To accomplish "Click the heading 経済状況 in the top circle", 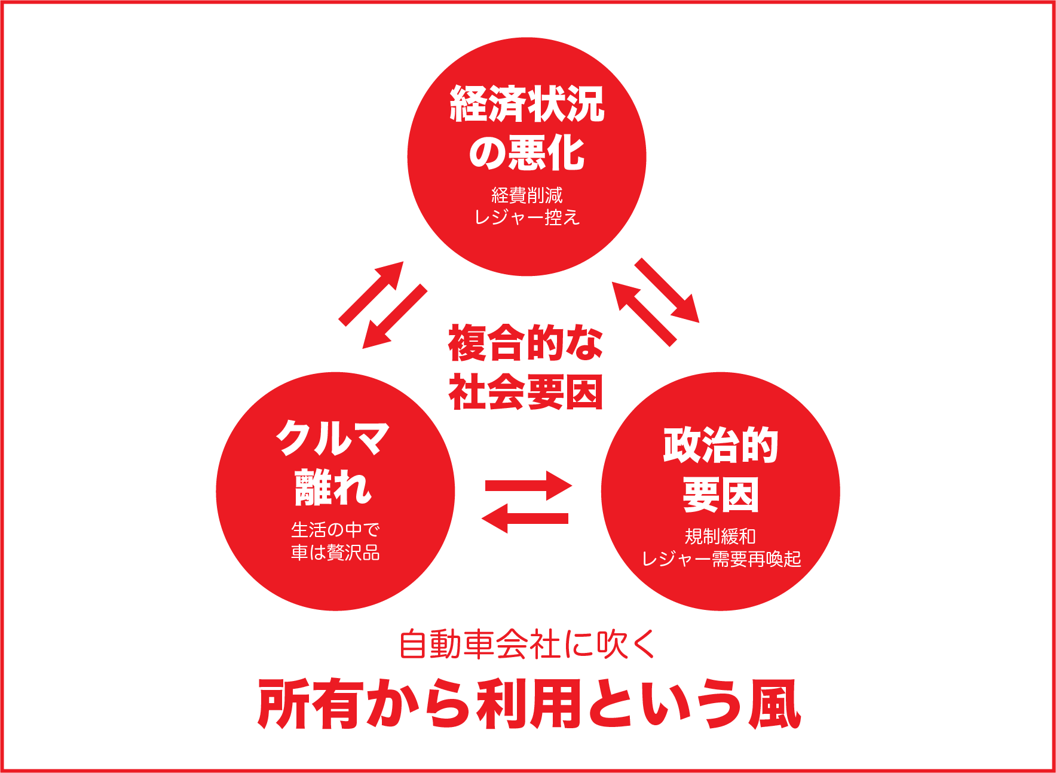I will pyautogui.click(x=527, y=104).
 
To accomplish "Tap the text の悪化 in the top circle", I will pyautogui.click(x=527, y=153).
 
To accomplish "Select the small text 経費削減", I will pyautogui.click(x=527, y=195).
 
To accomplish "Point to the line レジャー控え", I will pyautogui.click(x=527, y=217).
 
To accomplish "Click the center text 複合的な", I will pyautogui.click(x=525, y=343).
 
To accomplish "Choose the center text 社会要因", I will pyautogui.click(x=525, y=392).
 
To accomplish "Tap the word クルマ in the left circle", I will pyautogui.click(x=333, y=438).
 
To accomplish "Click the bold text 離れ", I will pyautogui.click(x=333, y=487).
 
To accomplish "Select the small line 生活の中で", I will pyautogui.click(x=335, y=529).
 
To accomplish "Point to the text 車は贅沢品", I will pyautogui.click(x=335, y=552).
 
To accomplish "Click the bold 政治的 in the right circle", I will pyautogui.click(x=720, y=445).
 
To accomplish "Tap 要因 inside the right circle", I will pyautogui.click(x=720, y=494).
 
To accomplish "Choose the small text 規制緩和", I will pyautogui.click(x=720, y=536).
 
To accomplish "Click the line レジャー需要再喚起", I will pyautogui.click(x=721, y=559).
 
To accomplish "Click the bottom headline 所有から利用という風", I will pyautogui.click(x=528, y=704).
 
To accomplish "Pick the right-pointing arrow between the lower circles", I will pyautogui.click(x=529, y=486).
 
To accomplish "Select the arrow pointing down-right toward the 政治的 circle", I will pyautogui.click(x=667, y=290).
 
